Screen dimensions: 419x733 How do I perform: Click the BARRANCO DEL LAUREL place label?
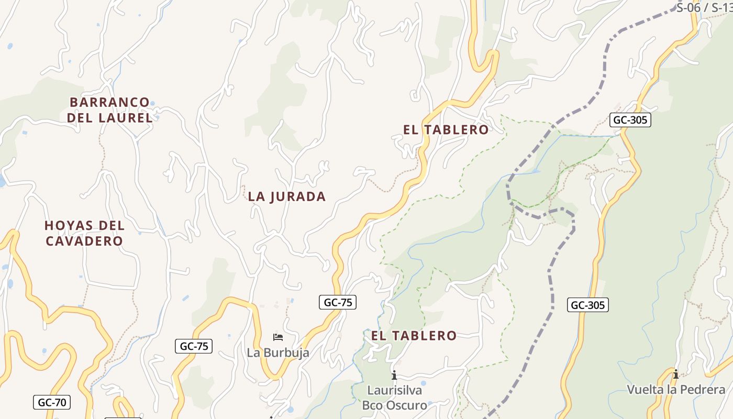point(110,110)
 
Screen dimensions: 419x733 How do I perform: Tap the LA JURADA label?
point(287,196)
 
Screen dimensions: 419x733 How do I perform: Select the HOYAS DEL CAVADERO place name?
point(84,233)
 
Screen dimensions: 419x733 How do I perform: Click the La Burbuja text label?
point(278,352)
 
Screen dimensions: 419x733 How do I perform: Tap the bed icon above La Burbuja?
point(278,337)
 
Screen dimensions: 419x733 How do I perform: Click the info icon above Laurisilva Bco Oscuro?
point(394,375)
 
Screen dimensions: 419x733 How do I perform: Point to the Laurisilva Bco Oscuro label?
point(394,398)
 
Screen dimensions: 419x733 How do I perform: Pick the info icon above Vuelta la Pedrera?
point(676,374)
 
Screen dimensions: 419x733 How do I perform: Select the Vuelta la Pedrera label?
point(676,390)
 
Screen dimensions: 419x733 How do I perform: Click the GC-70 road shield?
point(52,402)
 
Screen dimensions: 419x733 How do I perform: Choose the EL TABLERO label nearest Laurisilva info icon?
point(414,336)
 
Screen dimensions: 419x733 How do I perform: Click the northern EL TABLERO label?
point(446,130)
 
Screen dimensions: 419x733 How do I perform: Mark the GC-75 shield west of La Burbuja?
point(193,346)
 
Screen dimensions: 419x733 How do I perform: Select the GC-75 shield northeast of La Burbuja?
point(338,302)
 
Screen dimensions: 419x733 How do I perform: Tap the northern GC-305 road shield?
point(630,120)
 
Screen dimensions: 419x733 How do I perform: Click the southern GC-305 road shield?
point(588,305)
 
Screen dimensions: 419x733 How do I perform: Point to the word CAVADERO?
point(84,241)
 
